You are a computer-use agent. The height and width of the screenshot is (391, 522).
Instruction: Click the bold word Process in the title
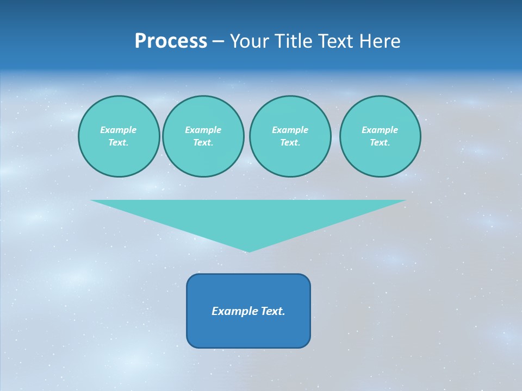pyautogui.click(x=171, y=41)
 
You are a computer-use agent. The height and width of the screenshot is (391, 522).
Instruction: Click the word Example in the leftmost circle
pyautogui.click(x=119, y=130)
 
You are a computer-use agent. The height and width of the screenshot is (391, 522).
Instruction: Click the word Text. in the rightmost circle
pyautogui.click(x=380, y=142)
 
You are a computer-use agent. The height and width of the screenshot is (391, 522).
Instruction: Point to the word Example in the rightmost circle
pyautogui.click(x=380, y=130)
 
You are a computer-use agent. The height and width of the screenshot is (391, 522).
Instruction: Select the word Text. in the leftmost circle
pyautogui.click(x=119, y=142)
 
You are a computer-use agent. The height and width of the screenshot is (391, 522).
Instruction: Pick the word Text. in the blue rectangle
pyautogui.click(x=273, y=311)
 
